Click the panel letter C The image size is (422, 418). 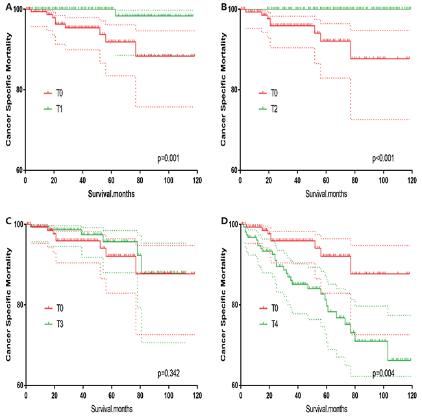(5, 222)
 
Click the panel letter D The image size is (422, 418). (221, 222)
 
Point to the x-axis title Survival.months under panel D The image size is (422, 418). (325, 411)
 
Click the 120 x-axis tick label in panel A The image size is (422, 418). (195, 179)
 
